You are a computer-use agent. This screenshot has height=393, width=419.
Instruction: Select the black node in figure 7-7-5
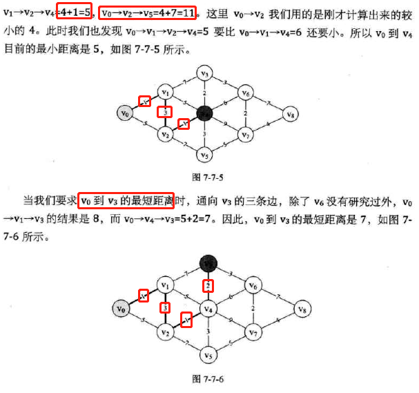point(204,112)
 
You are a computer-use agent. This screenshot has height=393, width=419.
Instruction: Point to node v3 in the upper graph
point(204,73)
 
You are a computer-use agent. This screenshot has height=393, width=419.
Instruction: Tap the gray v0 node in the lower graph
point(121,308)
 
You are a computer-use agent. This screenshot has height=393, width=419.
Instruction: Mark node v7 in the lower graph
point(253,332)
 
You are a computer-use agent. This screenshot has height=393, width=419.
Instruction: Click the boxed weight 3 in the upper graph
point(164,111)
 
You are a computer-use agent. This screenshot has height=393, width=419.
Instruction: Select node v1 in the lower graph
point(164,285)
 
